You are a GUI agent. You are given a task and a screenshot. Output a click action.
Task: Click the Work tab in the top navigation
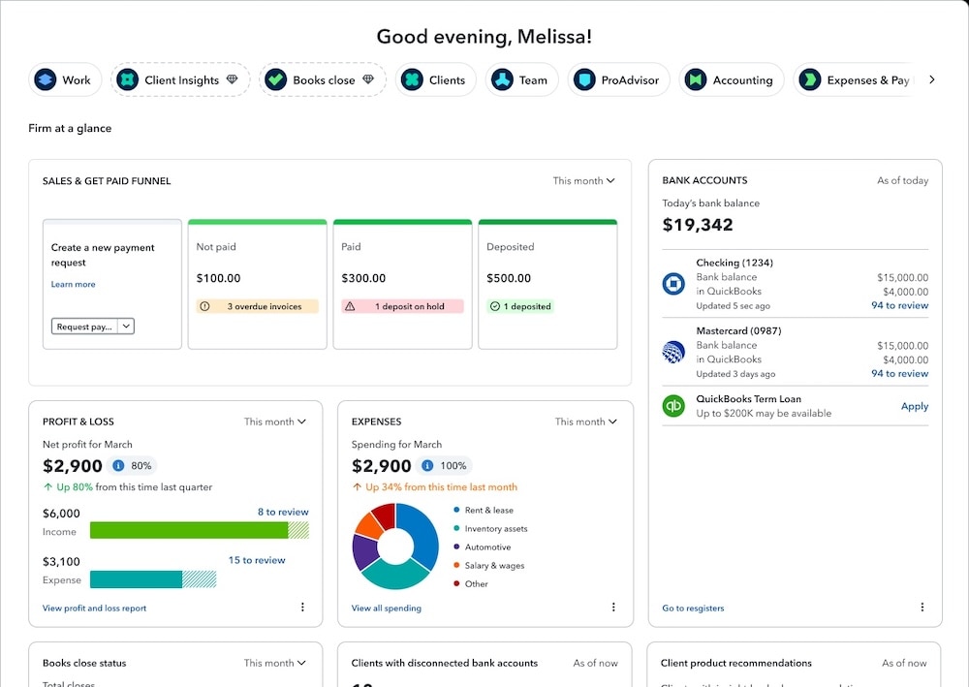tap(63, 80)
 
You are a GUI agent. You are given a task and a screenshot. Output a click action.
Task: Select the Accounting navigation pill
tap(732, 80)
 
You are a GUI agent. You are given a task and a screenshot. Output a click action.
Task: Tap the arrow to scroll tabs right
tap(932, 79)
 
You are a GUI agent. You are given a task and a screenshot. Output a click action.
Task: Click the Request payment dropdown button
tap(93, 327)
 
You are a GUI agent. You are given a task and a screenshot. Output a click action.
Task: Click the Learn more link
tap(74, 284)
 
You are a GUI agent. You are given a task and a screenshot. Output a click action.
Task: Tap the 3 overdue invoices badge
tap(258, 306)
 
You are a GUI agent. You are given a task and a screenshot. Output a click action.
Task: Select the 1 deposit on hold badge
tap(402, 306)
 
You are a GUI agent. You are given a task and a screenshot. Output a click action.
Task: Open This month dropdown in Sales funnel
tap(584, 181)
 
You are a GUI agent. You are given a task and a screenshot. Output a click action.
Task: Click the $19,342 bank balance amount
tap(698, 225)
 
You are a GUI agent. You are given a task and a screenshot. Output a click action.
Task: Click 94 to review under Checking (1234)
tap(899, 305)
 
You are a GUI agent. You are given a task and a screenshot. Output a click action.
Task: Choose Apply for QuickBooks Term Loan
tap(914, 406)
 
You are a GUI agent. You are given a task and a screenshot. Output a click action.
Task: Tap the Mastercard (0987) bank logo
tap(673, 352)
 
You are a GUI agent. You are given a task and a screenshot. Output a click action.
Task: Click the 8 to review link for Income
tap(283, 512)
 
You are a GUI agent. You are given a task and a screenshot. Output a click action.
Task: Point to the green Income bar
tap(189, 530)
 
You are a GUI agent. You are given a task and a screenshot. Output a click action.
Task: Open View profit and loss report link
tap(95, 609)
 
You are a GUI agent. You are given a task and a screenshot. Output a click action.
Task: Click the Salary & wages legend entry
tap(494, 566)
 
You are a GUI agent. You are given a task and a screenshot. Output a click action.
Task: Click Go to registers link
tap(693, 609)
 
